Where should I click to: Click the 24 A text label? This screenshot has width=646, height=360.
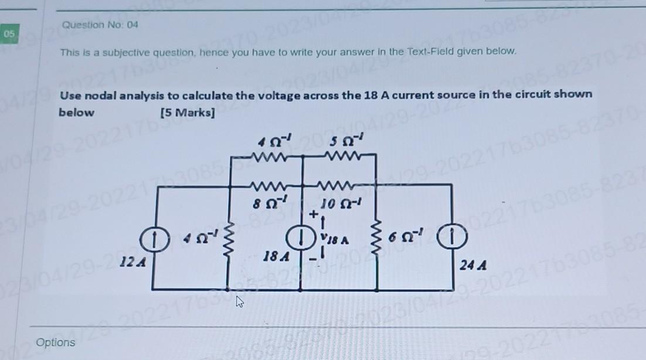[473, 266]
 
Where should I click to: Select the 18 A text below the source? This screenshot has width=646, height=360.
[276, 256]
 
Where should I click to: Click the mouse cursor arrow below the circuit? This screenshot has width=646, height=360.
[239, 301]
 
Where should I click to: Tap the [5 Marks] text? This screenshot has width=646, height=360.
[187, 112]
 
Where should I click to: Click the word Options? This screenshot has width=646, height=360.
[56, 342]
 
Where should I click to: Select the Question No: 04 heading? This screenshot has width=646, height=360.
[100, 25]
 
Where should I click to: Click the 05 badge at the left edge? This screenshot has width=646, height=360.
[9, 34]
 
